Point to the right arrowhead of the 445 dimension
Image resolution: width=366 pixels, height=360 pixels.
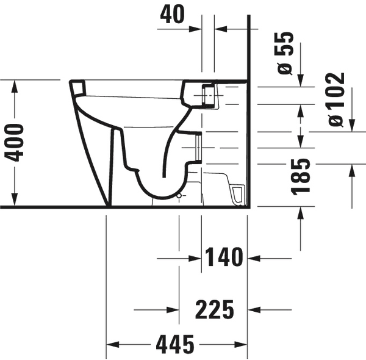click(242, 346)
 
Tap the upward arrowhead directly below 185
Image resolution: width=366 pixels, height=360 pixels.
click(301, 214)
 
